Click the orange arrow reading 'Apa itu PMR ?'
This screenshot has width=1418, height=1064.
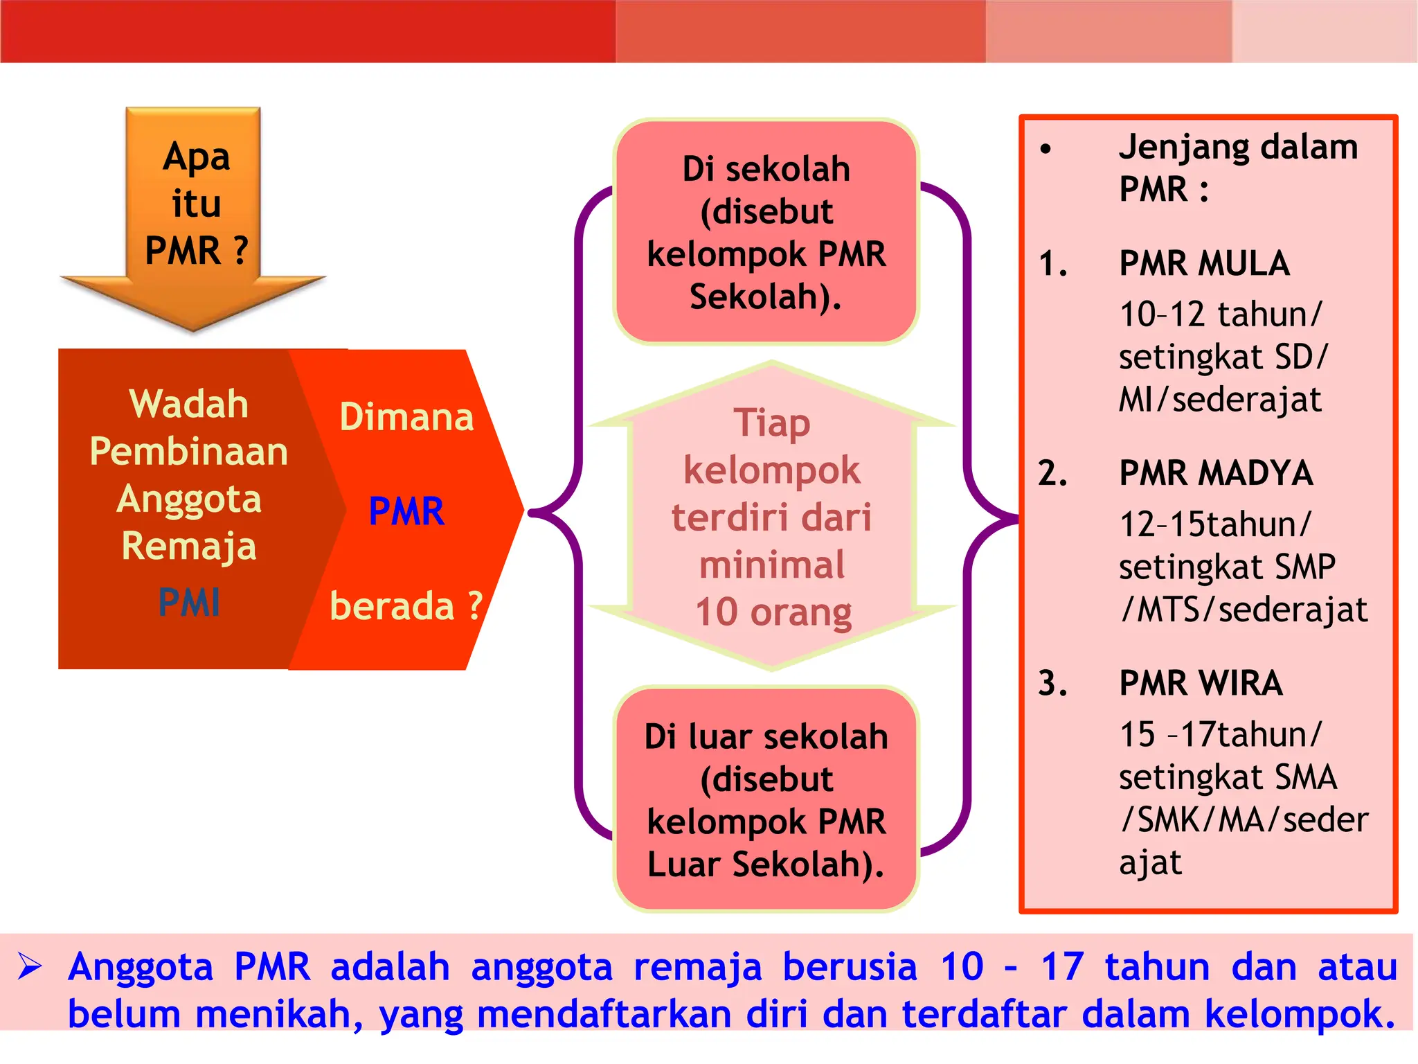click(x=194, y=208)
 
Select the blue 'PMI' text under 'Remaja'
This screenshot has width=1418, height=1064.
click(x=189, y=602)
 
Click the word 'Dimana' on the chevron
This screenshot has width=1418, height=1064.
click(x=406, y=417)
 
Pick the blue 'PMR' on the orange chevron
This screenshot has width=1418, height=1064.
click(x=406, y=511)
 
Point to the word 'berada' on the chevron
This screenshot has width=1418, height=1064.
click(x=392, y=606)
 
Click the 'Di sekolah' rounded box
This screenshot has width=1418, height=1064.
click(x=766, y=231)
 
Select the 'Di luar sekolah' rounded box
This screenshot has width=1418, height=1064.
click(x=766, y=799)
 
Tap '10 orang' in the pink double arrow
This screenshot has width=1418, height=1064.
click(x=773, y=612)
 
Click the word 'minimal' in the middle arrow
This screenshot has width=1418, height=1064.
click(x=772, y=565)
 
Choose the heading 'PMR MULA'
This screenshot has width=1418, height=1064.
click(x=1204, y=264)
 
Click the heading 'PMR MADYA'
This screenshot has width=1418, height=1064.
click(x=1216, y=474)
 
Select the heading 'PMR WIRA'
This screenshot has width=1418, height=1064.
click(x=1201, y=684)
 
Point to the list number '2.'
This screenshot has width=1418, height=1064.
click(x=1052, y=474)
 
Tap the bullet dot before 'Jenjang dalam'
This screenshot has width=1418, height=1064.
click(x=1045, y=148)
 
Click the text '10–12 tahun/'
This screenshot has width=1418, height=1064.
click(x=1220, y=314)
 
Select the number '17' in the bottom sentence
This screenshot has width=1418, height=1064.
click(x=1062, y=966)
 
